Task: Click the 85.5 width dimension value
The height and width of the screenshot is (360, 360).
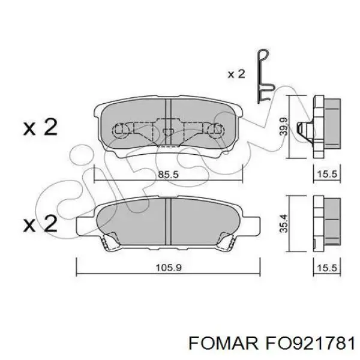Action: tap(168, 175)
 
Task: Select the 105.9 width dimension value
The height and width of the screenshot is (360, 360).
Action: tap(169, 268)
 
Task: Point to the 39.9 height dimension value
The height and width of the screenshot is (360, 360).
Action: tap(284, 126)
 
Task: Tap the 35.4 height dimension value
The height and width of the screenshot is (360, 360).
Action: tap(284, 223)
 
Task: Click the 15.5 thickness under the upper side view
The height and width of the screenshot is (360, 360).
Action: tap(327, 174)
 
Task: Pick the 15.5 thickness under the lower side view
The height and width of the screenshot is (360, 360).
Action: tap(327, 268)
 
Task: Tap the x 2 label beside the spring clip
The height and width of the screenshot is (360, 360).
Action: tap(236, 74)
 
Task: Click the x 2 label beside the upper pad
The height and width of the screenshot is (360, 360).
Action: tap(40, 127)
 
